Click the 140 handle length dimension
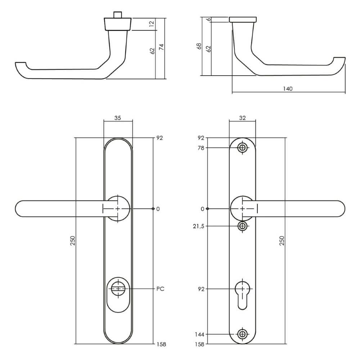click(288, 89)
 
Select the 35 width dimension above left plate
click(118, 117)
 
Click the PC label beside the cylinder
click(161, 289)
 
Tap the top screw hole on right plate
click(243, 148)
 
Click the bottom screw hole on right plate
click(243, 334)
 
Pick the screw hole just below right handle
click(243, 226)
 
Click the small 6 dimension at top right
click(208, 19)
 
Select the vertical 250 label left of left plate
click(72, 240)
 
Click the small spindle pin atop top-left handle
click(117, 15)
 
